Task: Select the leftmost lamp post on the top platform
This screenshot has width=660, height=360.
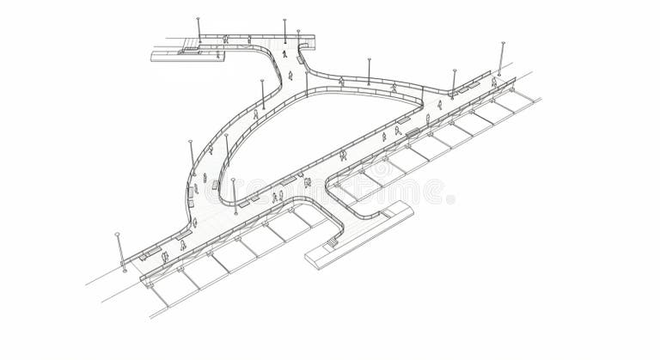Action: pyautogui.click(x=198, y=30)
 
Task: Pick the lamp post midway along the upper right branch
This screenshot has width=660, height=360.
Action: pyautogui.click(x=369, y=71)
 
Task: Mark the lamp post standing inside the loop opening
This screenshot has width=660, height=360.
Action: pyautogui.click(x=233, y=195)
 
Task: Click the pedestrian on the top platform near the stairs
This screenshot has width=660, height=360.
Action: pyautogui.click(x=225, y=40)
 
